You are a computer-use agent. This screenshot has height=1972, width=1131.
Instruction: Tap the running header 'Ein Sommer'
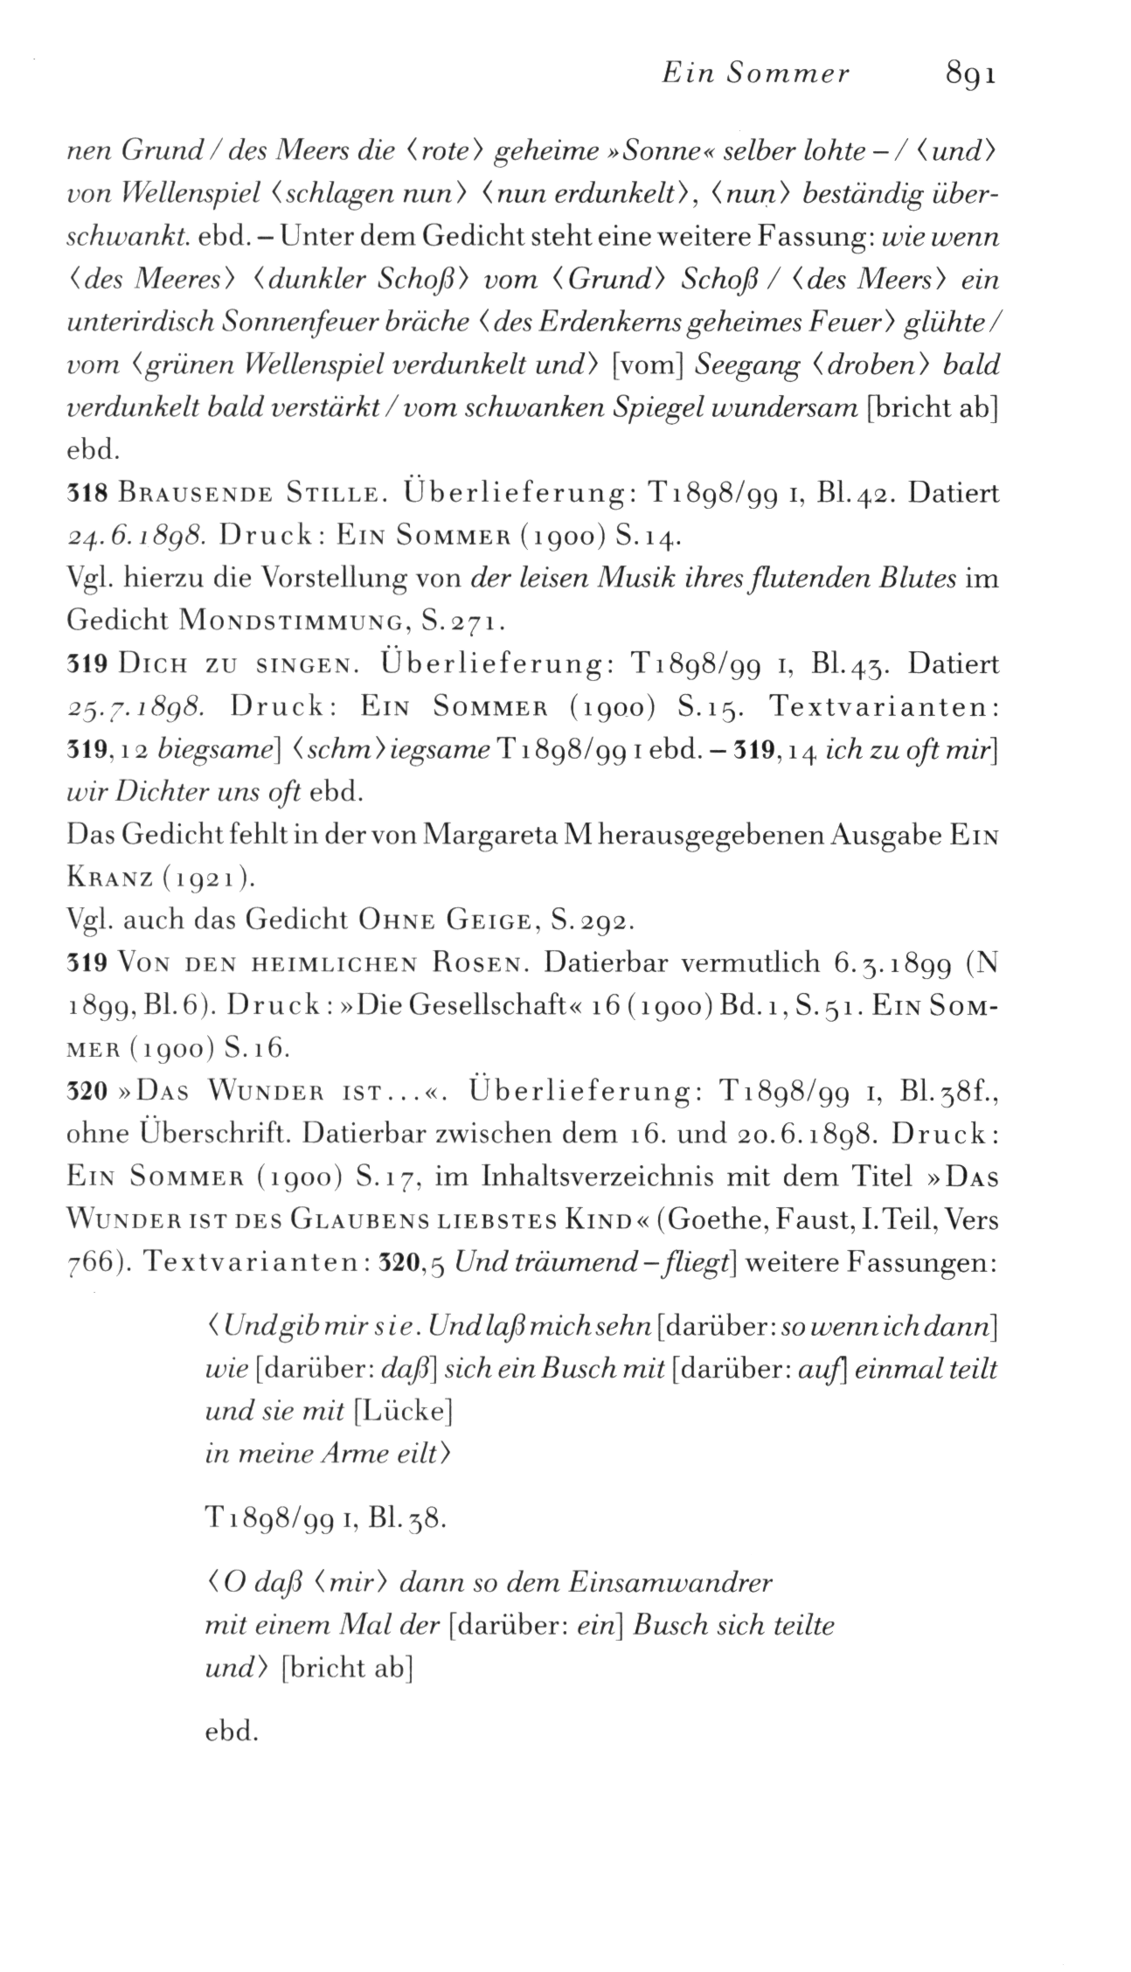coord(755,74)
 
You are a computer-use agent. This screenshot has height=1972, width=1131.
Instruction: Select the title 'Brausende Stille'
coord(249,494)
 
